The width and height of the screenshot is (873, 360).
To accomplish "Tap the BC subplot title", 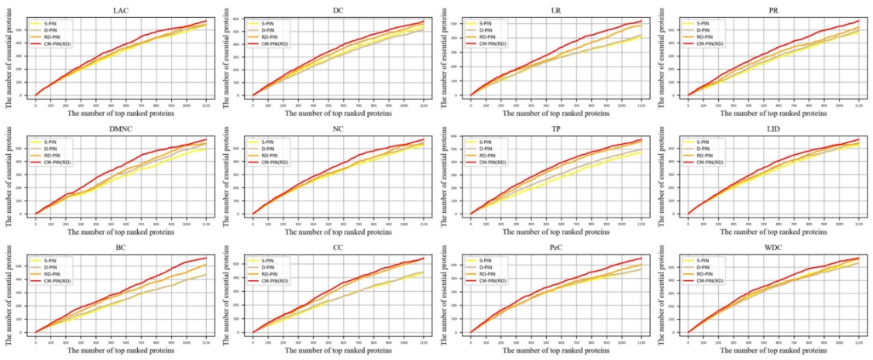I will point(120,249).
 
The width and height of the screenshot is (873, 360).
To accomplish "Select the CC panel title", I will point(338,249).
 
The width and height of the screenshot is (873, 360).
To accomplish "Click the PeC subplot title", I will point(555,249).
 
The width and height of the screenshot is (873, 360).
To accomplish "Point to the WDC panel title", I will point(773,249).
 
